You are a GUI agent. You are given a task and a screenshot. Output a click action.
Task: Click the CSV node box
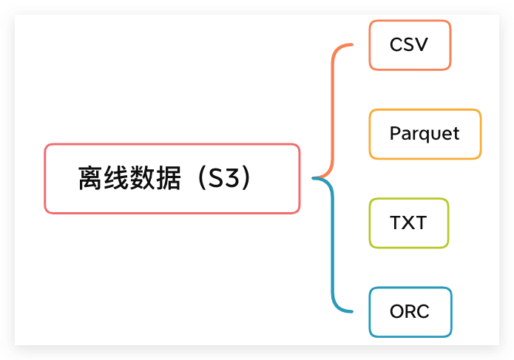409,45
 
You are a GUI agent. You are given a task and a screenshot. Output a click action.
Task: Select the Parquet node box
425,134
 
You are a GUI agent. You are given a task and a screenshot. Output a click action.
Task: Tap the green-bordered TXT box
408,223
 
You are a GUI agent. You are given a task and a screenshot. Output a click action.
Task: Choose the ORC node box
409,311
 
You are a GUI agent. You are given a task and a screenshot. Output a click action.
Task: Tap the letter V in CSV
422,45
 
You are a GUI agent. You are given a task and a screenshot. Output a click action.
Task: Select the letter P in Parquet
395,134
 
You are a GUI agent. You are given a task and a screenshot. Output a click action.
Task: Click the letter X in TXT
409,223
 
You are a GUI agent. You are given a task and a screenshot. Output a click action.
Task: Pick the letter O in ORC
397,311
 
